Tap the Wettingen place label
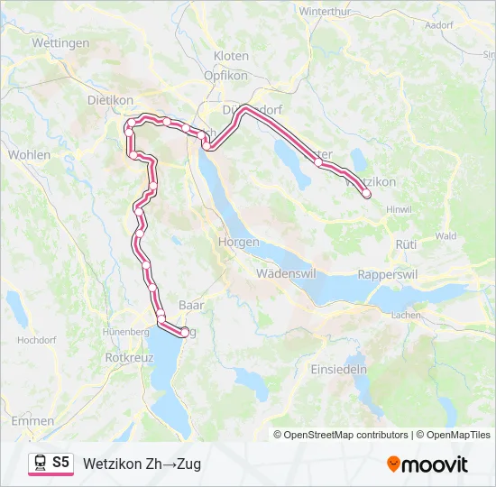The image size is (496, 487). click(60, 42)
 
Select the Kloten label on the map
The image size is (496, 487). click(231, 56)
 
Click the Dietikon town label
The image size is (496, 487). click(110, 100)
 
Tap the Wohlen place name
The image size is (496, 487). click(30, 154)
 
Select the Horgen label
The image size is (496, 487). click(238, 243)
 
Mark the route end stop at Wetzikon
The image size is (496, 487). click(366, 194)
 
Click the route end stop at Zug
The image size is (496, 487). click(185, 332)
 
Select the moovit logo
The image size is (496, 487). click(427, 464)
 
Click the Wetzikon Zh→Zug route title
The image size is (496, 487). click(142, 464)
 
